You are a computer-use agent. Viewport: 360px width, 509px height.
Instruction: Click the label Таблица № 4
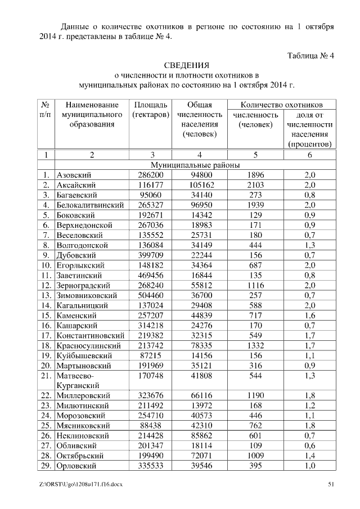pos(310,56)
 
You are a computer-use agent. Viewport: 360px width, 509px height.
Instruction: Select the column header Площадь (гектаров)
pos(150,110)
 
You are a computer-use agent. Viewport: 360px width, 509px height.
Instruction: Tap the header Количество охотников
pos(281,105)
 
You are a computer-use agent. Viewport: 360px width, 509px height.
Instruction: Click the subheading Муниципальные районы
pos(195,165)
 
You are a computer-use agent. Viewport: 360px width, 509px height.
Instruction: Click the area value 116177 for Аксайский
pos(150,185)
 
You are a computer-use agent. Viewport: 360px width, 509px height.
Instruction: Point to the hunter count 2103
pos(255,185)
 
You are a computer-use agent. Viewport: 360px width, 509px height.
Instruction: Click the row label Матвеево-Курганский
pos(77,380)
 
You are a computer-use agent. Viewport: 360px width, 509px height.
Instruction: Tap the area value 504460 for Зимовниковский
pos(150,295)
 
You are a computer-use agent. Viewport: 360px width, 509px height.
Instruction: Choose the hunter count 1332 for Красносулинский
pos(255,345)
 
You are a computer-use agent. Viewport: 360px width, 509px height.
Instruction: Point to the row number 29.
pos(46,466)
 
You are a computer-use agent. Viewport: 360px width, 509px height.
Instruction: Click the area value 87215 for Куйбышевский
pos(150,355)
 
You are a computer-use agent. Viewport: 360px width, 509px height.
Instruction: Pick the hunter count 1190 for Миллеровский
pos(255,395)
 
